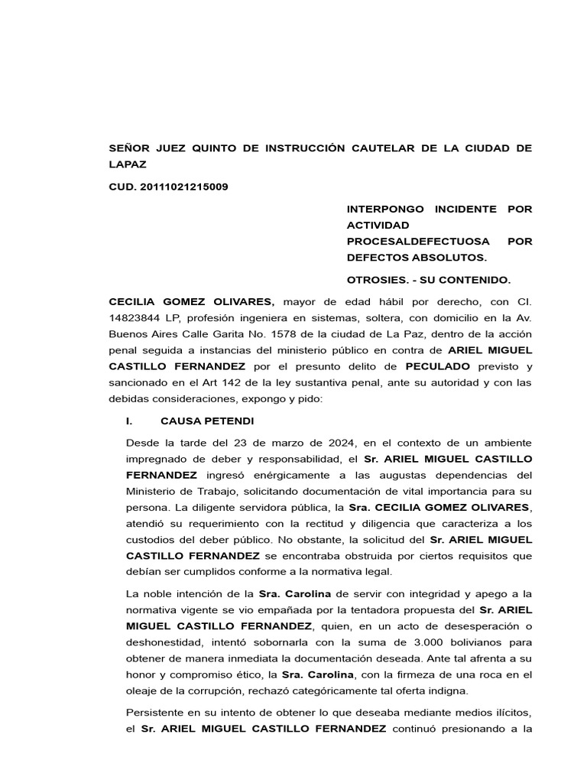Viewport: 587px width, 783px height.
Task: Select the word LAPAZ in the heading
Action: pyautogui.click(x=128, y=164)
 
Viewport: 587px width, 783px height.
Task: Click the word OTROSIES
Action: pyautogui.click(x=375, y=280)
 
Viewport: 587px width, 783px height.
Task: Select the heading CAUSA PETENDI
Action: pyautogui.click(x=207, y=421)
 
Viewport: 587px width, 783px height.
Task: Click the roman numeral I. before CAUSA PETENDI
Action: pyautogui.click(x=129, y=421)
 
